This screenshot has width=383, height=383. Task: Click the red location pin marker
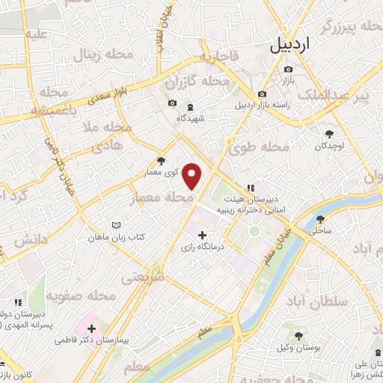[x=193, y=175]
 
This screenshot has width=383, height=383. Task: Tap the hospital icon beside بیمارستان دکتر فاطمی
[x=91, y=328]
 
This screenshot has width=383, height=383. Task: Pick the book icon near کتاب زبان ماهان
[x=115, y=225]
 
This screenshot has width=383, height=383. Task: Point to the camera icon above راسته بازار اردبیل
[x=263, y=94]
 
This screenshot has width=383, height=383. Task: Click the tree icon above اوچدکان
[x=328, y=134]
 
